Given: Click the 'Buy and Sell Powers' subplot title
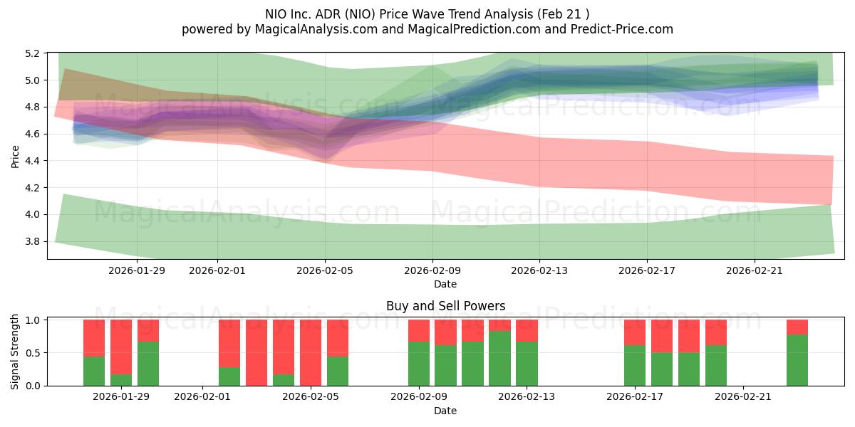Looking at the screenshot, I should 445,306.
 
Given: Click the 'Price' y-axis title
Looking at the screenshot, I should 15,157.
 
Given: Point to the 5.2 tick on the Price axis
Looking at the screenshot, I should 33,53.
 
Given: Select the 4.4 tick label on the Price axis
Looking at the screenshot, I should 33,161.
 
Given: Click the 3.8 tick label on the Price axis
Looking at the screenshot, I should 33,241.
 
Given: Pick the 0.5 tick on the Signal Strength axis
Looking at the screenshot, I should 33,353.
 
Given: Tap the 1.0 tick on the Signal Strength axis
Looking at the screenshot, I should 33,320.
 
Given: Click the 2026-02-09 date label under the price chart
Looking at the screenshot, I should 432,270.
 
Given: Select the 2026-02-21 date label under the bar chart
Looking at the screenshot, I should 743,396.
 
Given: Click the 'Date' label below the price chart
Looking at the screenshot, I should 445,284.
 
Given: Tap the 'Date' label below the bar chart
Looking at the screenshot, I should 445,411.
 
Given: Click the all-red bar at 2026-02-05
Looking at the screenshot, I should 311,352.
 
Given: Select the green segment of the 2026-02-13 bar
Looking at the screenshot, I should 527,364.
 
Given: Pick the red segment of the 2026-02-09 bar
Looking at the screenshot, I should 419,330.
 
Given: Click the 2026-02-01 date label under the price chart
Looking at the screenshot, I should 217,270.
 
